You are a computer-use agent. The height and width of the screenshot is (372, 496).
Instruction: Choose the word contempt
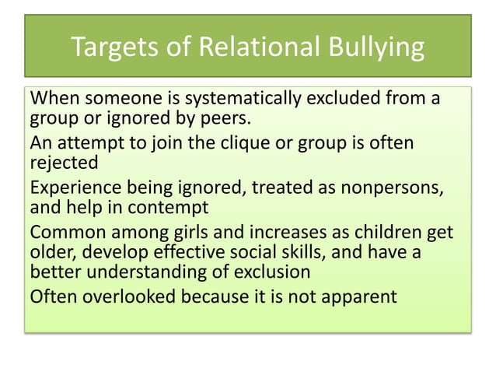click(180, 209)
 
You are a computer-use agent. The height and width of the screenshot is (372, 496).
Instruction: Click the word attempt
click(89, 145)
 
